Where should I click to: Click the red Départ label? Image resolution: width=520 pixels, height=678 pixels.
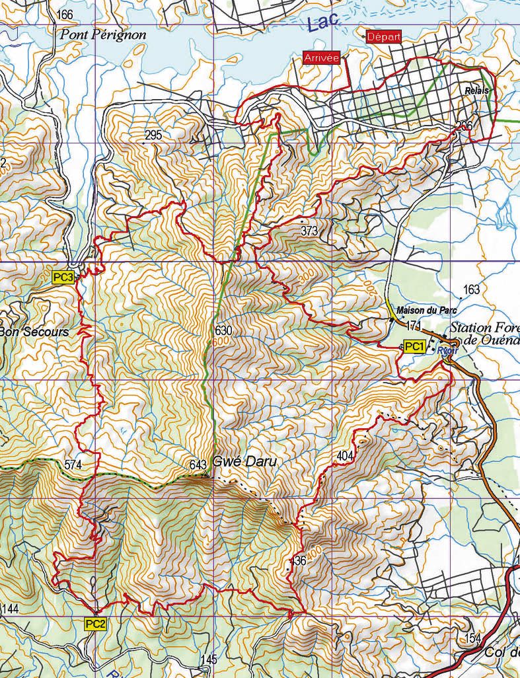(384, 37)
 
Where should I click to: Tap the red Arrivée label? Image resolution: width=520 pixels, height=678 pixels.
(321, 58)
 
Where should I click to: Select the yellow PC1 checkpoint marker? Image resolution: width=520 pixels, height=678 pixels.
(414, 347)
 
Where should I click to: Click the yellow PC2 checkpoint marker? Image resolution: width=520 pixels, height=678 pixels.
(95, 624)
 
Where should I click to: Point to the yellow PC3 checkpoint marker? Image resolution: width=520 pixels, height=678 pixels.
(63, 278)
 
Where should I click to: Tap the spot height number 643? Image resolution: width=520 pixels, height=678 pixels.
(198, 465)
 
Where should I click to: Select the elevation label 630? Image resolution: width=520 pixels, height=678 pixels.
(224, 330)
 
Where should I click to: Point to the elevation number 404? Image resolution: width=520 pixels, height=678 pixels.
(345, 456)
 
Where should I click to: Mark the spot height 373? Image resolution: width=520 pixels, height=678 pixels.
(309, 231)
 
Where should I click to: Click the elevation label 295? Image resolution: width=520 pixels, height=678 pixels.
(153, 135)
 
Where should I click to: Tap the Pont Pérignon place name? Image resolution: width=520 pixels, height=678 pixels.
(103, 35)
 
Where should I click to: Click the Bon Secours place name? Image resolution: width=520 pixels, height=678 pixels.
(34, 332)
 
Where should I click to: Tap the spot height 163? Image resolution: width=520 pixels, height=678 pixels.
(471, 289)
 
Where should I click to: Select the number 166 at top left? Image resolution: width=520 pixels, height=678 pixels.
(65, 15)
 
